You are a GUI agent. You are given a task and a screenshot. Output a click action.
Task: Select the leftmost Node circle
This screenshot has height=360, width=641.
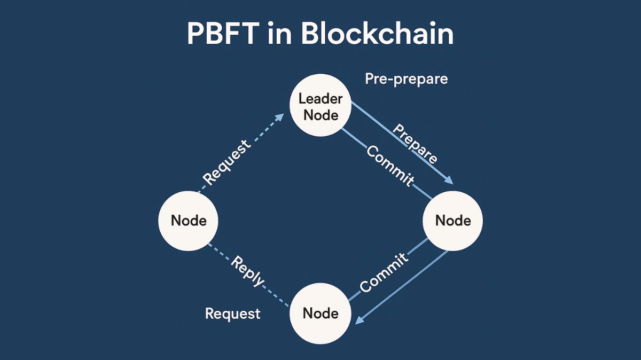pyautogui.click(x=189, y=220)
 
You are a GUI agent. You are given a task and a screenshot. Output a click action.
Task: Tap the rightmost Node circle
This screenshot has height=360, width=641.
pyautogui.click(x=453, y=220)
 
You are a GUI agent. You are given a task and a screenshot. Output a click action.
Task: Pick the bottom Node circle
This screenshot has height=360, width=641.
pyautogui.click(x=320, y=313)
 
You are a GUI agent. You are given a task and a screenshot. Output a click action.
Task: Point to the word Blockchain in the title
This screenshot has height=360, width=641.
pyautogui.click(x=377, y=34)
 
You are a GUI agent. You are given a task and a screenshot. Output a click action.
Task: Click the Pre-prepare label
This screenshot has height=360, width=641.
pyautogui.click(x=406, y=79)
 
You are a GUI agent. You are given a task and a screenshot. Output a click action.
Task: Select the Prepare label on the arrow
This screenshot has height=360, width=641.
pyautogui.click(x=415, y=144)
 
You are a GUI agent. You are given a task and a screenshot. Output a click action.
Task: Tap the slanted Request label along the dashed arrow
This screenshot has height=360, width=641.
pyautogui.click(x=227, y=162)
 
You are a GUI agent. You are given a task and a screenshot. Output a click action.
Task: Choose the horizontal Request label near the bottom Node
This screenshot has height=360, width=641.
pyautogui.click(x=233, y=314)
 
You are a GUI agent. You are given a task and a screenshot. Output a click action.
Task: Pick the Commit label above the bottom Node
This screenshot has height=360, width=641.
pyautogui.click(x=384, y=272)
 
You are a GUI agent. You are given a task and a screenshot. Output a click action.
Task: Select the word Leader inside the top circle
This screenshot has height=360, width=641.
pyautogui.click(x=320, y=98)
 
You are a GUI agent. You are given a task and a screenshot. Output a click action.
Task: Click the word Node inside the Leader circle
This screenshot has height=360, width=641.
pyautogui.click(x=320, y=115)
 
